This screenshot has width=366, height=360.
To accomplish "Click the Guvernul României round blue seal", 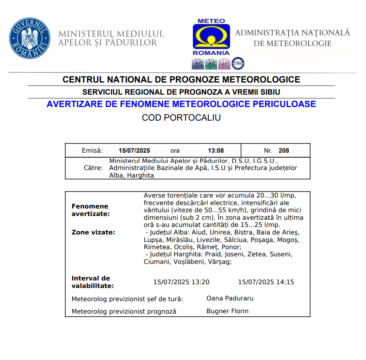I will pyautogui.click(x=30, y=38).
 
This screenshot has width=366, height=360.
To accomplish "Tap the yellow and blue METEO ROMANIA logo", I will pyautogui.click(x=211, y=37).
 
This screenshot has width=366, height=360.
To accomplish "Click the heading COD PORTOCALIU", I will pyautogui.click(x=181, y=118).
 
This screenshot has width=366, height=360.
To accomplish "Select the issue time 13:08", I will pyautogui.click(x=216, y=150).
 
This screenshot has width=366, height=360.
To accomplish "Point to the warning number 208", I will pyautogui.click(x=284, y=150).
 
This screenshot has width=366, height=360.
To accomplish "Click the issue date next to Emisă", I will pyautogui.click(x=134, y=150).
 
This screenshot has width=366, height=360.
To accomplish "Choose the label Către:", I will pyautogui.click(x=93, y=168).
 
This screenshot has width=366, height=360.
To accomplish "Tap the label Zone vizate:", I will pyautogui.click(x=93, y=232).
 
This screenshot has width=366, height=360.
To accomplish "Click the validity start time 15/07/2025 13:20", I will pyautogui.click(x=181, y=282).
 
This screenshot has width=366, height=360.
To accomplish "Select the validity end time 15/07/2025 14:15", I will pyautogui.click(x=266, y=282).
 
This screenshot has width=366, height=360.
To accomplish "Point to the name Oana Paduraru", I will pyautogui.click(x=230, y=298).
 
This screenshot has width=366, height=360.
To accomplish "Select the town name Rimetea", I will pyautogui.click(x=156, y=247).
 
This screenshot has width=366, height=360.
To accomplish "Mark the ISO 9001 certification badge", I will pyautogui.click(x=198, y=64).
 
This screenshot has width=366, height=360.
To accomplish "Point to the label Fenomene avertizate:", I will pyautogui.click(x=90, y=210).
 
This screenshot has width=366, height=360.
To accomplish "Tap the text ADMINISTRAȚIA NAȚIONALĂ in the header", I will pyautogui.click(x=293, y=33).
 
